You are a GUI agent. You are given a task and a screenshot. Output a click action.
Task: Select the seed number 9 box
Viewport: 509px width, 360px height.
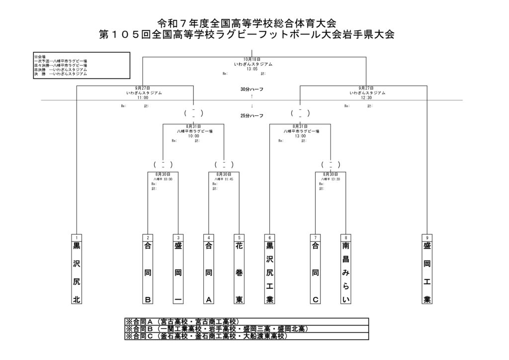coord(426,237)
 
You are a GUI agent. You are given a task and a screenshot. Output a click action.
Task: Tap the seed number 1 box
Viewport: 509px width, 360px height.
coord(77,237)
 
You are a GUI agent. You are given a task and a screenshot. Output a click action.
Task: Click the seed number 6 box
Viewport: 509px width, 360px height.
coord(269,237)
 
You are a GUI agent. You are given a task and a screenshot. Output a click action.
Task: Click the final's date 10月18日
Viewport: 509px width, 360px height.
coord(253,60)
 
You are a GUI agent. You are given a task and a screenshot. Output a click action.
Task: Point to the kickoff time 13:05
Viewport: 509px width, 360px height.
coord(253,69)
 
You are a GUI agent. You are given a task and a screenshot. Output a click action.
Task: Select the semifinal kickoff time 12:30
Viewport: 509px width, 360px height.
coord(367,97)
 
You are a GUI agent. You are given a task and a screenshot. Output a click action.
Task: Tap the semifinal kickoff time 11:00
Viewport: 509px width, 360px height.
coord(143,97)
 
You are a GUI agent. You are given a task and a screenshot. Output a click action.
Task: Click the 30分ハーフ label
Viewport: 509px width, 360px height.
coord(252,89)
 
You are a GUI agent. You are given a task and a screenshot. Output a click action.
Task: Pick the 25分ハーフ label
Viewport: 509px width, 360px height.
coord(252,116)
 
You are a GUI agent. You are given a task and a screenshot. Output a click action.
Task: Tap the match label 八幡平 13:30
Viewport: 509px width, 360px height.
coord(331,179)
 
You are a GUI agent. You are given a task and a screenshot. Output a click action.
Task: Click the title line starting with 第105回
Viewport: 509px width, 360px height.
coord(247,35)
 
